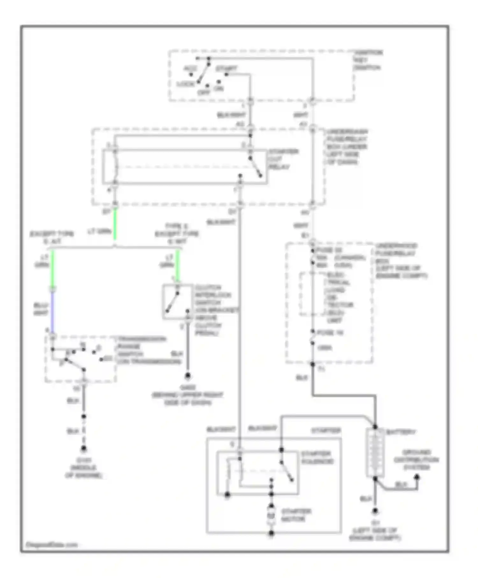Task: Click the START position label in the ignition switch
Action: [226, 68]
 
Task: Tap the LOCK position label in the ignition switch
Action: [185, 84]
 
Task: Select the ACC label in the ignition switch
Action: [190, 69]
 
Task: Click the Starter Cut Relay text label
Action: [283, 159]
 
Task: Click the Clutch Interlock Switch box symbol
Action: [177, 301]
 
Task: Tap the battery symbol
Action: [375, 452]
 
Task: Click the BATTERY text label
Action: [401, 432]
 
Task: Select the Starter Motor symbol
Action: [271, 515]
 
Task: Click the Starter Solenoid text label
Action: [317, 458]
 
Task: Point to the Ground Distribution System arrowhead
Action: [416, 477]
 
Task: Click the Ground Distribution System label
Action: [416, 460]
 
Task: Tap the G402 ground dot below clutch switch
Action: [188, 376]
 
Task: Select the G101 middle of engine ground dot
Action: [83, 449]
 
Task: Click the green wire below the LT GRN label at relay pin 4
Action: [115, 223]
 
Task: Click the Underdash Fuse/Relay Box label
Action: [346, 147]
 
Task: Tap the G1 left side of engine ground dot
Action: [375, 511]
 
